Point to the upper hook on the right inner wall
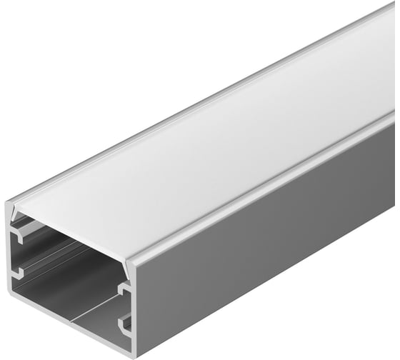point(124,290)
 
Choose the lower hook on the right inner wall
point(124,325)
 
